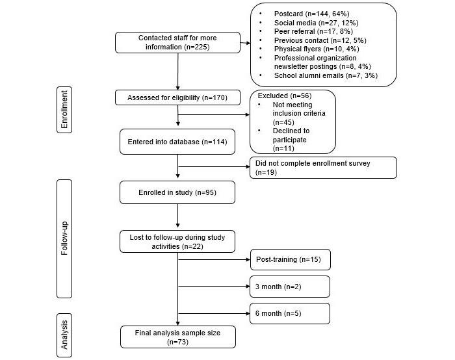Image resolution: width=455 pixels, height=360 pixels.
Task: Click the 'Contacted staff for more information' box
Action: pyautogui.click(x=177, y=42)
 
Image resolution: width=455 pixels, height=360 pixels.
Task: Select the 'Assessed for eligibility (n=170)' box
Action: pyautogui.click(x=177, y=97)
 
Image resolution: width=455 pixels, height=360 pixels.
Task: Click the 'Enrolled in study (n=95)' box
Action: pyautogui.click(x=177, y=192)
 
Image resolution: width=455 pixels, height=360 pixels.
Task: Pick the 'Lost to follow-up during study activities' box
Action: pyautogui.click(x=177, y=242)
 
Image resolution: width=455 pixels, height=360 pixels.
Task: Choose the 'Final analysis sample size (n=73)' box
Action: pyautogui.click(x=177, y=337)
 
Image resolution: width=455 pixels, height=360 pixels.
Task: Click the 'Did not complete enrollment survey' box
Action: pyautogui.click(x=323, y=167)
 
